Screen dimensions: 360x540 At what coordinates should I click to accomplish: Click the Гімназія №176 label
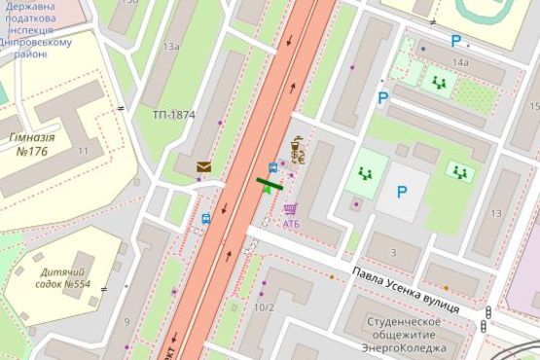point(32,144)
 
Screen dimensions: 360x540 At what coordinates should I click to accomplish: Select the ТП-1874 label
point(173,115)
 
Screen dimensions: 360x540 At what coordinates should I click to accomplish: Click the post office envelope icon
point(204,166)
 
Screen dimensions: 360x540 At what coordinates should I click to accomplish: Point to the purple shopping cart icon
point(290,209)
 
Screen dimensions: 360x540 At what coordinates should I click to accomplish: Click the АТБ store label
point(292,224)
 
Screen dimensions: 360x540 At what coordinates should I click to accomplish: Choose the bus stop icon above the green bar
point(272,166)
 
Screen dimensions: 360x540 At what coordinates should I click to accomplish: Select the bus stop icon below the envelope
point(206,219)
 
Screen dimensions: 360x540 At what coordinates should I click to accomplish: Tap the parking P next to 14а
point(455,41)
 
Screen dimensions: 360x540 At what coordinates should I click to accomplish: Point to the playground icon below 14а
point(439,83)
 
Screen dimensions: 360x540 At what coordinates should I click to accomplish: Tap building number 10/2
point(264,307)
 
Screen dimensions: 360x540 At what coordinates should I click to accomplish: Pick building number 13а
point(171,46)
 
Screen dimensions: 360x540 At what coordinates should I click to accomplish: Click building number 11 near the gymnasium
point(83,151)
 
